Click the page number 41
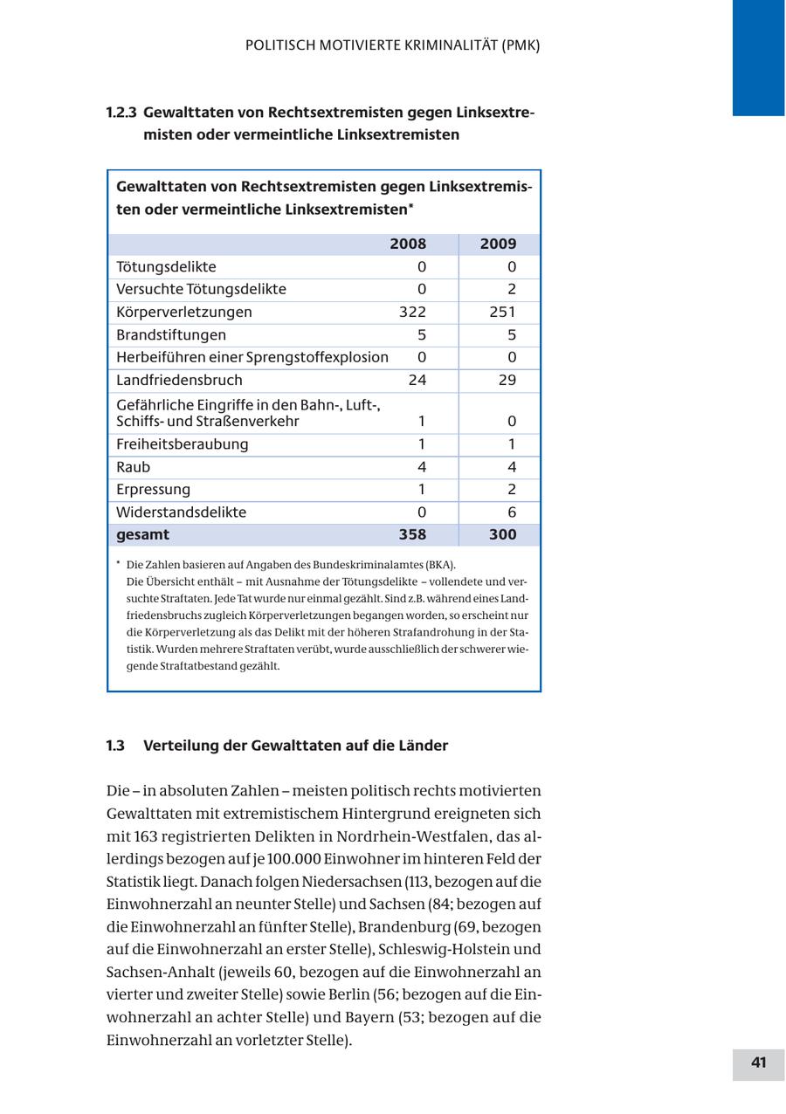click(x=758, y=1062)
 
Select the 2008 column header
click(x=408, y=244)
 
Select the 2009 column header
click(x=498, y=244)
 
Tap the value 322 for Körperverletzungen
click(x=411, y=313)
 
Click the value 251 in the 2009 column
click(x=502, y=313)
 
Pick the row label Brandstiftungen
click(x=171, y=335)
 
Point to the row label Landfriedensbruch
click(x=179, y=381)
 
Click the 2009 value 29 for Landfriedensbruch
click(x=507, y=381)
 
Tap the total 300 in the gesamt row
click(x=502, y=535)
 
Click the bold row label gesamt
click(x=143, y=535)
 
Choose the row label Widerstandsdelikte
click(x=181, y=512)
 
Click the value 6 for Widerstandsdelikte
click(x=512, y=512)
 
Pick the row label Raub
click(x=133, y=467)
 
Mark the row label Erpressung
click(x=153, y=490)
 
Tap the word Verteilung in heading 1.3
click(x=181, y=746)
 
